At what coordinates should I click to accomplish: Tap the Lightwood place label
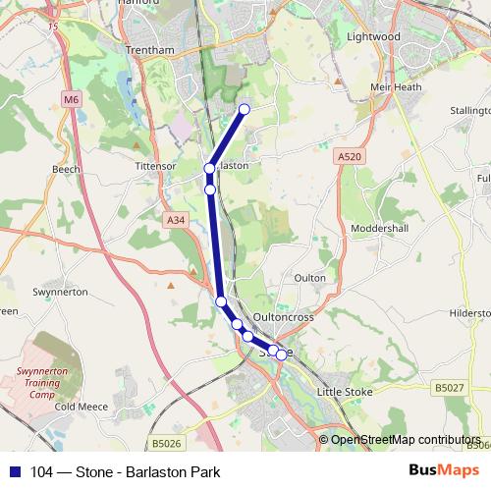(374, 36)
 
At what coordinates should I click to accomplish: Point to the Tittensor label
(154, 166)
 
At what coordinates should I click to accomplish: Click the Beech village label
(66, 169)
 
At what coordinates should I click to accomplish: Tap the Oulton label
(310, 278)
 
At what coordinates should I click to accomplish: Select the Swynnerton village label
(61, 292)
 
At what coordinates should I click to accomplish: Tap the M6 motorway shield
(71, 99)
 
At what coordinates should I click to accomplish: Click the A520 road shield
(348, 156)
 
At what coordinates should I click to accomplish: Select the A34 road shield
(176, 220)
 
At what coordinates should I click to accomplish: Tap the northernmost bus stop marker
(245, 109)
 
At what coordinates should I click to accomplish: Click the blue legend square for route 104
(14, 471)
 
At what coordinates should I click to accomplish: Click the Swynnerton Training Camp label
(39, 382)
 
